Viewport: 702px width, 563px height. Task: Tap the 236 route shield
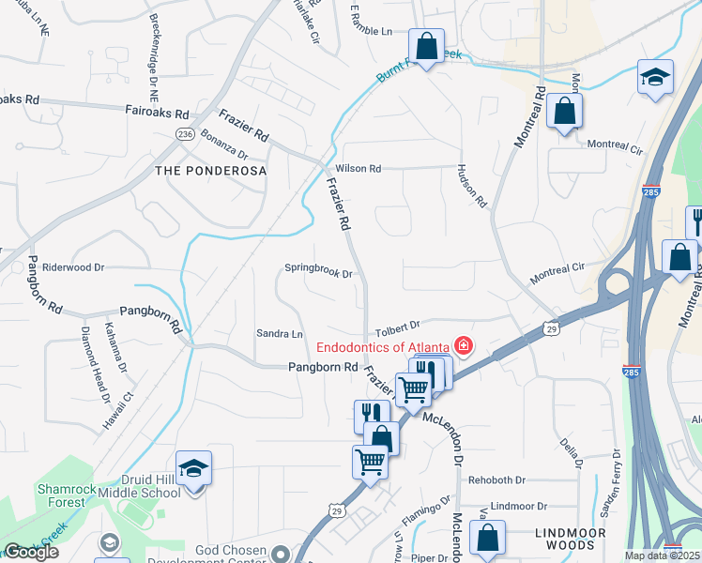pos(184,135)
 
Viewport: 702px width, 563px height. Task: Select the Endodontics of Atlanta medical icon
pos(462,346)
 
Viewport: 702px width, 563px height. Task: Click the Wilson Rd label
pos(361,169)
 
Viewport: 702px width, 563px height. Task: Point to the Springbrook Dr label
pos(317,274)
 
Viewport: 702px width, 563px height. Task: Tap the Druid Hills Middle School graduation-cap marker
pos(193,468)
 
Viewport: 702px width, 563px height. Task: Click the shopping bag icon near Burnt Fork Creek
pos(426,46)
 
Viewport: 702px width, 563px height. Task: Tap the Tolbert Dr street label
pos(395,327)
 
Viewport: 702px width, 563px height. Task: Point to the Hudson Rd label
pos(472,187)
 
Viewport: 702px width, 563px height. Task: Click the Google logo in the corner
pos(31,552)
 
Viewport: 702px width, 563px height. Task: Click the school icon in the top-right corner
pos(654,77)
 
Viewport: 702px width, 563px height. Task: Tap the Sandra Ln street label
pos(280,334)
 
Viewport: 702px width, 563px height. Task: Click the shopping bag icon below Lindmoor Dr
pos(487,538)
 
